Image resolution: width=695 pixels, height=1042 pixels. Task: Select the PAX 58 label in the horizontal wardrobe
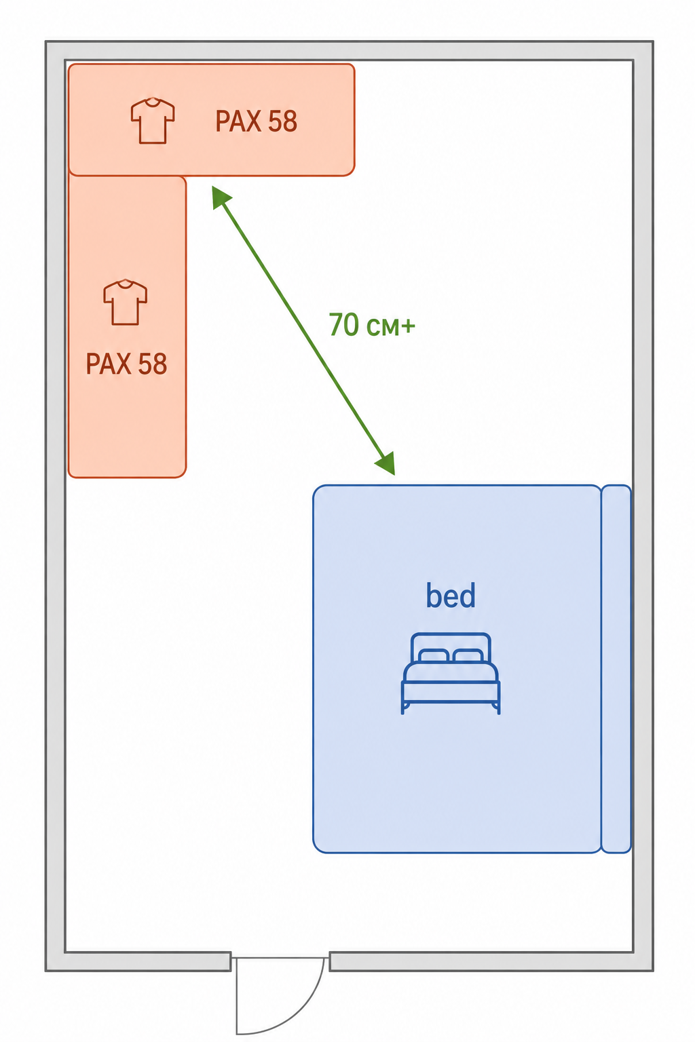256,121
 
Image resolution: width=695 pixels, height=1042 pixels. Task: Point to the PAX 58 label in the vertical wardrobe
126,364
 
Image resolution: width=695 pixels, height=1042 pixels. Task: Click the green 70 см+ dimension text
371,325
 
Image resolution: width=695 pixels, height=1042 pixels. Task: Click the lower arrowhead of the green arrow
386,463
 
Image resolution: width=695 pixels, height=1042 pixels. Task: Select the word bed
451,596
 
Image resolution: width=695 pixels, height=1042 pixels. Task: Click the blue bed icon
451,674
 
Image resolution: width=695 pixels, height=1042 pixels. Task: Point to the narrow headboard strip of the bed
616,669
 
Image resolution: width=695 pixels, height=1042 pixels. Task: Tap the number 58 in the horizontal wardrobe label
282,121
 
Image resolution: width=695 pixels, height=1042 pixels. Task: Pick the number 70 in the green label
344,324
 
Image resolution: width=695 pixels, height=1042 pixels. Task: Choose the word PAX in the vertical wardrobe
109,364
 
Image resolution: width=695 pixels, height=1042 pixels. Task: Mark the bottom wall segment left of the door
148,961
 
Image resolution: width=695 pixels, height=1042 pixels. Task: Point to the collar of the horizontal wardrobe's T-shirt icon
153,100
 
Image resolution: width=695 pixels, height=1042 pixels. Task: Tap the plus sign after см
408,326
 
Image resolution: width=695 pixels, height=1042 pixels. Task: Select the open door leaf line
236,996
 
